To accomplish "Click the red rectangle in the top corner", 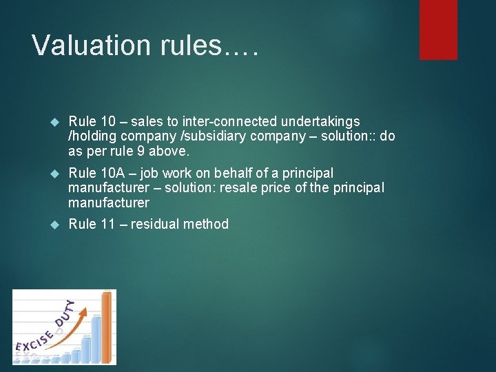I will [438, 29].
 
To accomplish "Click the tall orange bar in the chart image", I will [106, 327].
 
